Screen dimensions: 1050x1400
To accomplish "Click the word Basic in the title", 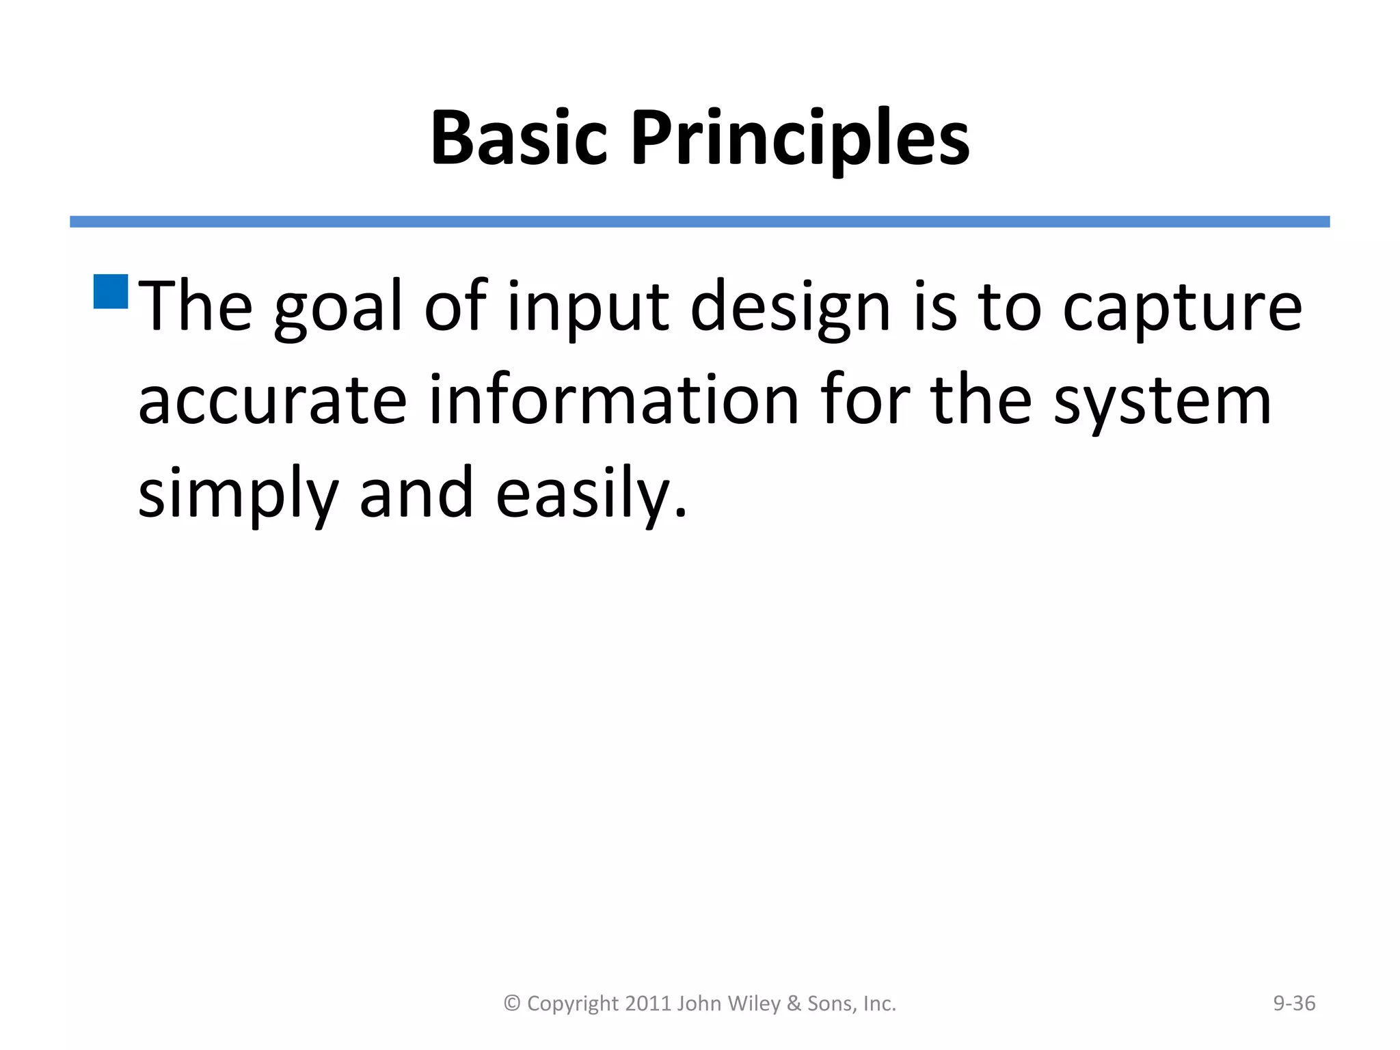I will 519,138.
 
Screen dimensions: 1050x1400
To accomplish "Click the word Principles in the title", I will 800,138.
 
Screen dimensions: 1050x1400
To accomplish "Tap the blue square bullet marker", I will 111,292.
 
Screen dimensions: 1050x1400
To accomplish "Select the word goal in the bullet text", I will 337,308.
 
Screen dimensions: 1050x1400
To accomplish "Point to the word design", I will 790,308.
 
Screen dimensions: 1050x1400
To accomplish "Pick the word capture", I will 1182,308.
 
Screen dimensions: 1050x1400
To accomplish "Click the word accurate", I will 272,401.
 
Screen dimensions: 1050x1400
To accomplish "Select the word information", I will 613,401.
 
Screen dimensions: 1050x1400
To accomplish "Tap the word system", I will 1162,401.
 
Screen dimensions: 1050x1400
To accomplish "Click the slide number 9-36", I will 1293,1003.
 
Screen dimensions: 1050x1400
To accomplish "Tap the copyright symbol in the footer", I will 512,1004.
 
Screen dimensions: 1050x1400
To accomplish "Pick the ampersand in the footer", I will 794,1003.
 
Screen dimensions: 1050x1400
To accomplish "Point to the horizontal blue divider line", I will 699,221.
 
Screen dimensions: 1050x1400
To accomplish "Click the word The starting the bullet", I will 196,308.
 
